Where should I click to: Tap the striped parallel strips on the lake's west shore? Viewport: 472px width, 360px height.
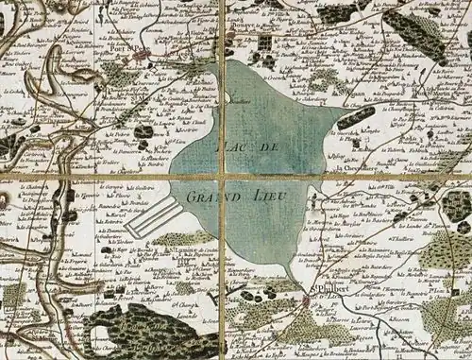click(x=151, y=217)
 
